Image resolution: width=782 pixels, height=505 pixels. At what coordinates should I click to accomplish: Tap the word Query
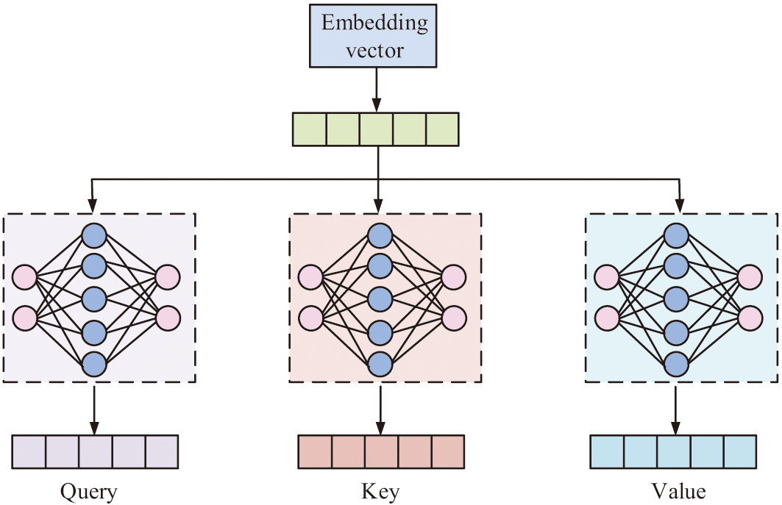pos(89,490)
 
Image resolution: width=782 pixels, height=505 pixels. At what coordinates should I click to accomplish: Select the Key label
pos(380,490)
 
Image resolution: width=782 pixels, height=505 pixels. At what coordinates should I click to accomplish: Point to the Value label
pos(678,490)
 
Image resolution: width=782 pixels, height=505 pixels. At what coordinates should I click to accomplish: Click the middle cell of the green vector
pos(376,129)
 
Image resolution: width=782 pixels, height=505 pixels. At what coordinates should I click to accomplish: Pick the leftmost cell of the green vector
pos(310,129)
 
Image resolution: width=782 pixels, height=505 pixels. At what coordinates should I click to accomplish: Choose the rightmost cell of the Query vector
pos(162,451)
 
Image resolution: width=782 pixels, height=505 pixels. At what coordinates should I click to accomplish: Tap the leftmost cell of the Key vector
pos(315,451)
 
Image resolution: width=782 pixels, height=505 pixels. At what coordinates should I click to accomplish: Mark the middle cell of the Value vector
pos(674,451)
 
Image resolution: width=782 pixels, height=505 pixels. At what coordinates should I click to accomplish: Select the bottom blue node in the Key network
pos(380,363)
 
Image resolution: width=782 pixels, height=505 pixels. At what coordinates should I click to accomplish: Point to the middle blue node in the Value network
pos(676,299)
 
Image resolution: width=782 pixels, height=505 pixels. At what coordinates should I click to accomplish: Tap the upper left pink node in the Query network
pos(25,278)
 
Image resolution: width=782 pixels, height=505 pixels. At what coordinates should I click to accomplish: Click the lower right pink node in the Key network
pos(453,318)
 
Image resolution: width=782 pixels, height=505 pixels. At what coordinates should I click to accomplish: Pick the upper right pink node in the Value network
pos(750,278)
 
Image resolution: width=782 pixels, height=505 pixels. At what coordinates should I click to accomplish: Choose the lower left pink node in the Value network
pos(607,318)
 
